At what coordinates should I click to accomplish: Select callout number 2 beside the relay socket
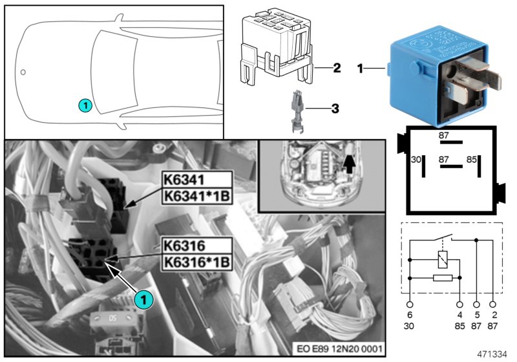click(336, 67)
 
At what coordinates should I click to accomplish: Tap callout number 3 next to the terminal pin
click(335, 109)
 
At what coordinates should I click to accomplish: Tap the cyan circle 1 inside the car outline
click(85, 103)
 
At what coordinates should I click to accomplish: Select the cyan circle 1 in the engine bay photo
click(143, 299)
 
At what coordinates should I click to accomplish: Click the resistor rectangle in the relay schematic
click(443, 279)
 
